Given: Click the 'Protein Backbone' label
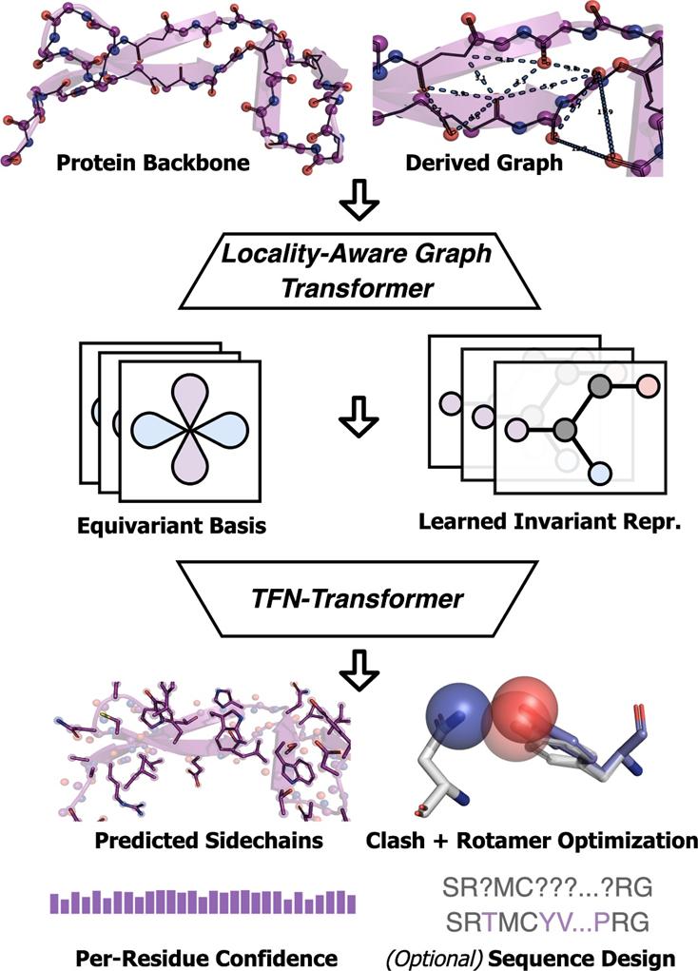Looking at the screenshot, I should [x=152, y=163].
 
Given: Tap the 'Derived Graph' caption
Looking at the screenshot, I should [x=484, y=163].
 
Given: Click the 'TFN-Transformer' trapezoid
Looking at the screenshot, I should [x=349, y=600].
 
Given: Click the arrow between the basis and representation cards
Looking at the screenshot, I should [x=353, y=419].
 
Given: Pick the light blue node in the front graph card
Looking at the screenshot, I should [x=598, y=473].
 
